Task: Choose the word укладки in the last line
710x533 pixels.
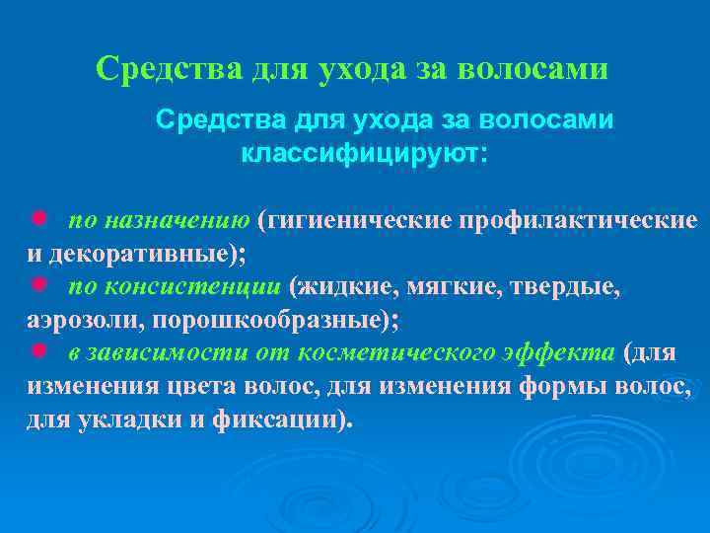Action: [x=121, y=421]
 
